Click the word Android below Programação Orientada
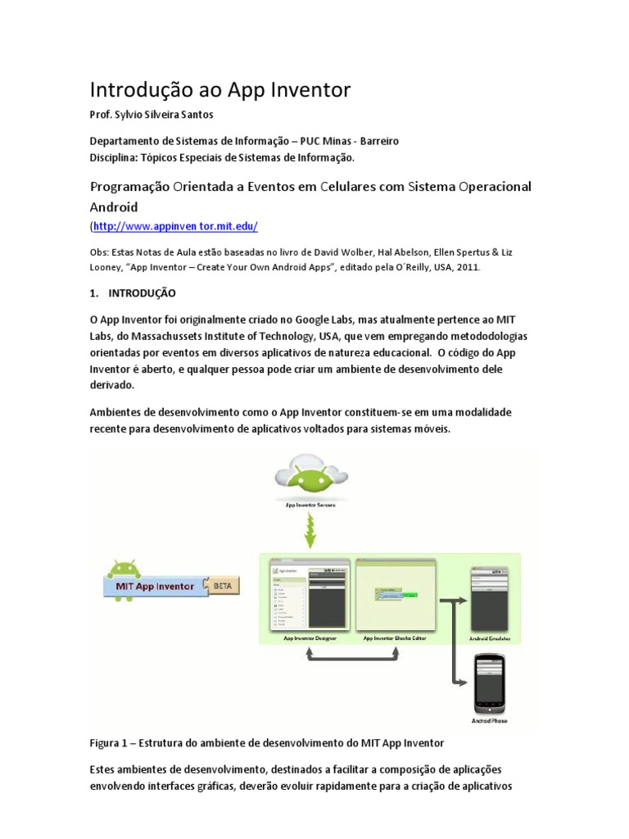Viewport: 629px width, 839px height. pos(115,206)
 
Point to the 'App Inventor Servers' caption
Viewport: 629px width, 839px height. pos(310,505)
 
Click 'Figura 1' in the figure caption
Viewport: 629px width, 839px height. pos(111,743)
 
